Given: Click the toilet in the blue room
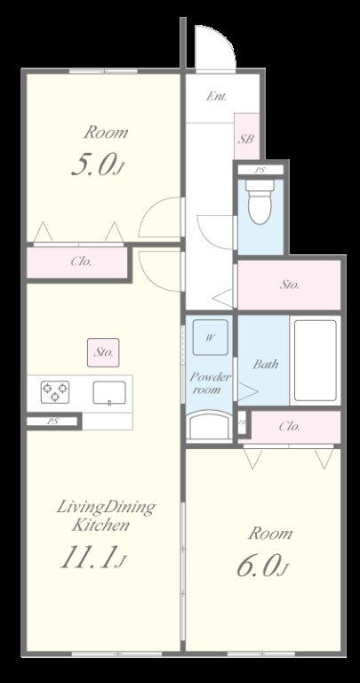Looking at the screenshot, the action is (260, 202).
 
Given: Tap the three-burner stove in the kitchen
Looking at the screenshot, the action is (55, 392).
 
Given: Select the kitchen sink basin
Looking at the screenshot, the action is (109, 392).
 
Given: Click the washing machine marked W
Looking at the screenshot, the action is (211, 338).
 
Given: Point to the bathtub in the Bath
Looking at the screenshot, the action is (316, 360).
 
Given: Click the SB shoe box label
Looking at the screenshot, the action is (245, 140).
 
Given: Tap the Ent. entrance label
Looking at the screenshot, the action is (216, 96).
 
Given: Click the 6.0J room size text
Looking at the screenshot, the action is (262, 566).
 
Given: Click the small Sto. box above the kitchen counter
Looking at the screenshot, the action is (103, 352).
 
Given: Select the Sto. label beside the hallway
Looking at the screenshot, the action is (290, 285).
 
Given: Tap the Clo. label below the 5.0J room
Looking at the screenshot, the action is (82, 261).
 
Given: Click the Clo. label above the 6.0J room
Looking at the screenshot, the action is (290, 427).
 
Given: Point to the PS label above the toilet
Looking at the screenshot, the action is (260, 171).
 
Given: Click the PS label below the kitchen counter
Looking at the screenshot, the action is (53, 422).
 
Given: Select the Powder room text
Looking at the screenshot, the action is (211, 383).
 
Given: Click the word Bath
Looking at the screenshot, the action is (266, 364).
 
